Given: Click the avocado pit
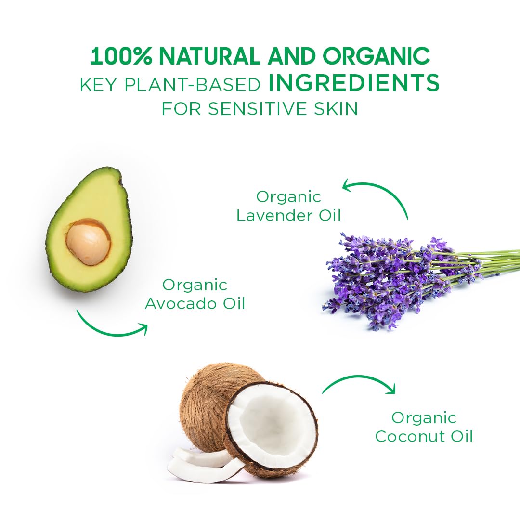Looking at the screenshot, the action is coord(88,242).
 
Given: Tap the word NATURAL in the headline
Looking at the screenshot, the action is coord(209,56).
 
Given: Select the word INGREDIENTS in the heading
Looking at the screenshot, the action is coord(354,83).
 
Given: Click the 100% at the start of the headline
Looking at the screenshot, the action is coord(121,56).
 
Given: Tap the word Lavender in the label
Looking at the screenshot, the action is coord(274,216).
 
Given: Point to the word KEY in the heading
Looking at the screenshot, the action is coord(98,85).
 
